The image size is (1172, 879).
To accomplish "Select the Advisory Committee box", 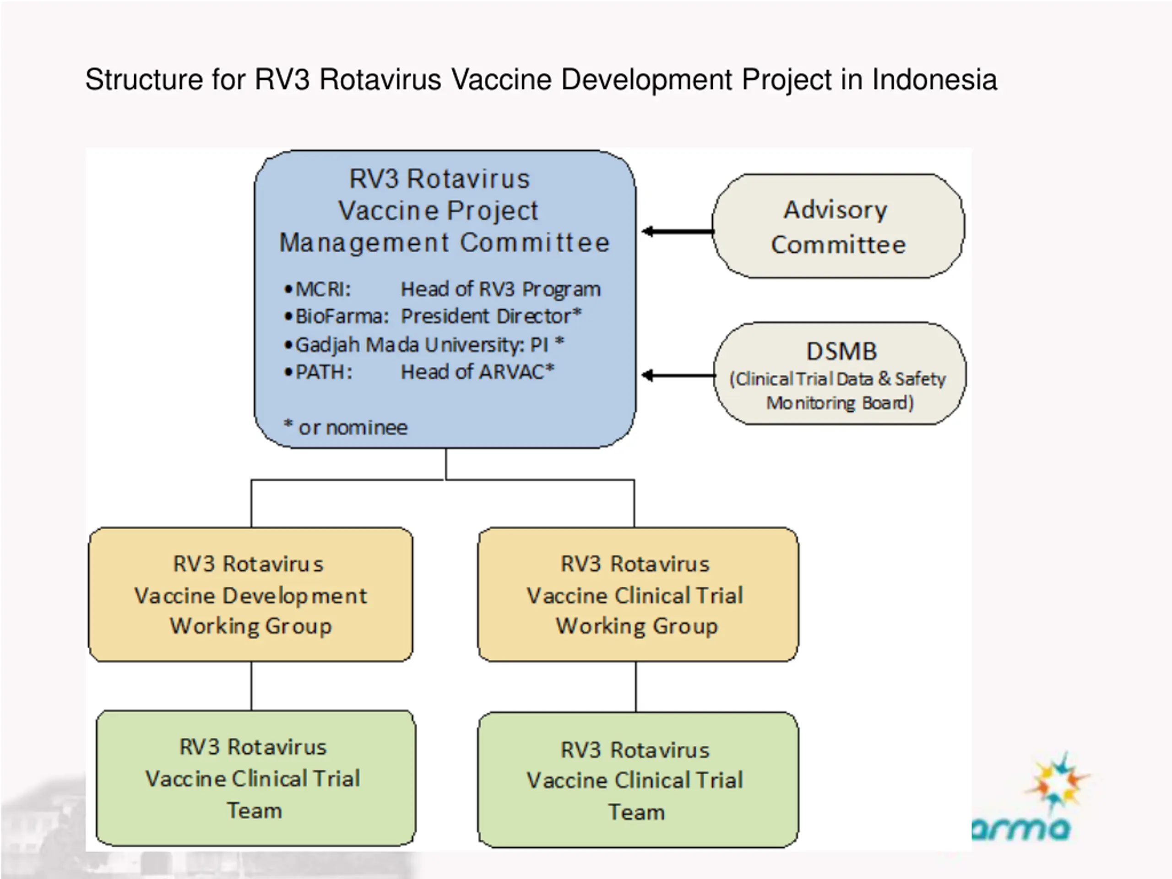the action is point(838,226).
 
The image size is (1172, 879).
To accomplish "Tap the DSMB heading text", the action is point(841,351).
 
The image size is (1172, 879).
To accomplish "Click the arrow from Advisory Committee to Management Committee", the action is point(677,232).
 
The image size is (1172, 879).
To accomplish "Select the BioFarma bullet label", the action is point(342,316).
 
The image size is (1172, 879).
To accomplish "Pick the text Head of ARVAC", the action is point(477,372).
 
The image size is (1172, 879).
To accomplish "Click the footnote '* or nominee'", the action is point(346,427).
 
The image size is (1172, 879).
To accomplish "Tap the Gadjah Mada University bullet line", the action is point(424,345).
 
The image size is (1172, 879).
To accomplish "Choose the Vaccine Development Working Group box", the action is point(250,595).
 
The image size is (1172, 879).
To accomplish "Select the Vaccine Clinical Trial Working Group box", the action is point(638,595).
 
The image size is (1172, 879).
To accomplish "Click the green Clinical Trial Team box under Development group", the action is point(256,778).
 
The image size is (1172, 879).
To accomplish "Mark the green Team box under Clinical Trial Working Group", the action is point(638,780).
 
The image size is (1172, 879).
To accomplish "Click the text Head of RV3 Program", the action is point(501,289).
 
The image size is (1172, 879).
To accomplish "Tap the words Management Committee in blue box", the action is point(445,243).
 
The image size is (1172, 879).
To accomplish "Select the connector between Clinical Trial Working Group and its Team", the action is point(636,687).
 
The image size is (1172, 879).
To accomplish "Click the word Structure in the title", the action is point(144,80).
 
